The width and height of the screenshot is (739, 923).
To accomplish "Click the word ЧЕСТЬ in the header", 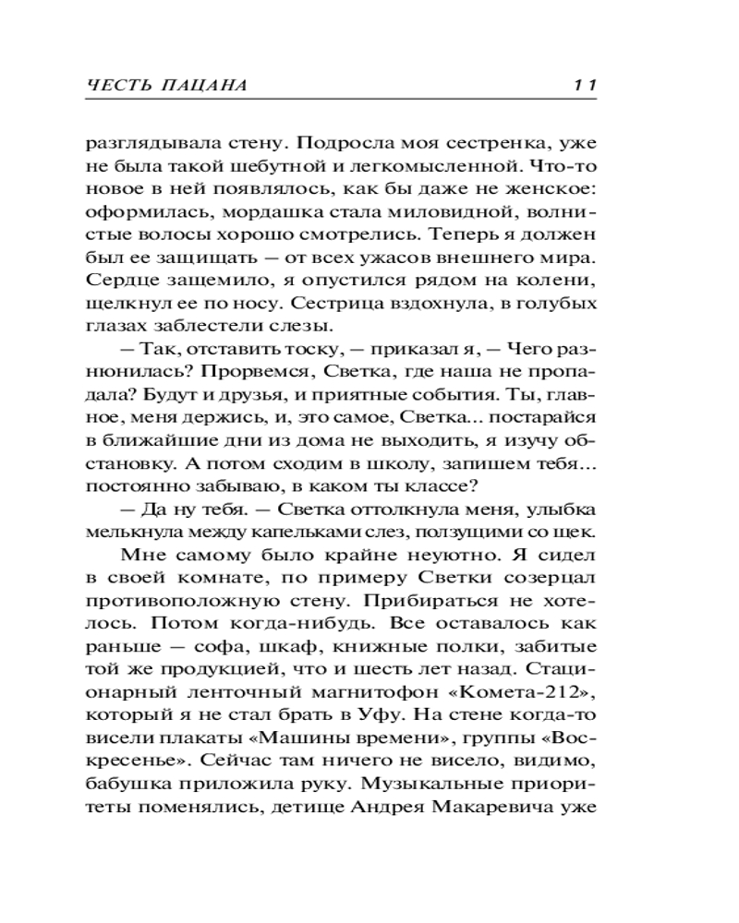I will [x=114, y=85].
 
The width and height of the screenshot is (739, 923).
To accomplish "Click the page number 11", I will [x=586, y=85].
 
